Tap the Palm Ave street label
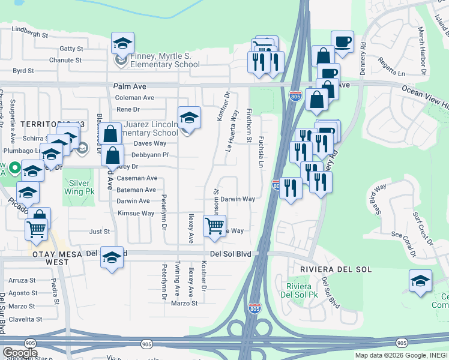(130, 86)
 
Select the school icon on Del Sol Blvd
(112, 258)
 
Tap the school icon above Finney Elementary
(122, 45)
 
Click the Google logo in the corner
(20, 353)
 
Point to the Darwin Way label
(237, 199)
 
